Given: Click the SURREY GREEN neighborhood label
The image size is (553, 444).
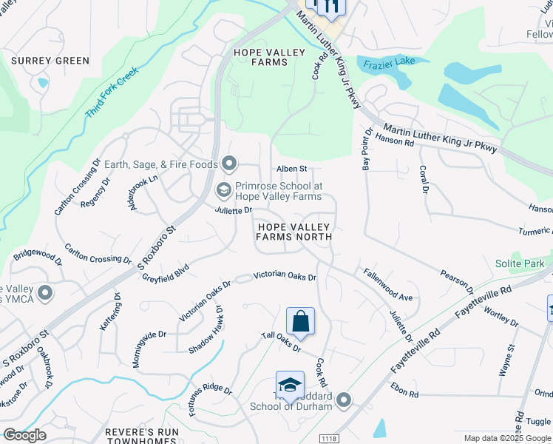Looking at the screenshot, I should (51, 61).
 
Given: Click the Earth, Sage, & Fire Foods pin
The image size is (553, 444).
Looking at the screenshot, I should (229, 164).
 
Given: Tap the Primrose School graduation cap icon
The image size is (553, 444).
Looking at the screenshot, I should (223, 191).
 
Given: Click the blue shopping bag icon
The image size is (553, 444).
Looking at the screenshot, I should (300, 323).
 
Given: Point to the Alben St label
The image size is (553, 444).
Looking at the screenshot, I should (291, 169).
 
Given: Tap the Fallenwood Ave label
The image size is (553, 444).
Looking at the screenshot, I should (387, 284).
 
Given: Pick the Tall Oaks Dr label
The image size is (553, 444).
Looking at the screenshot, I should (282, 341).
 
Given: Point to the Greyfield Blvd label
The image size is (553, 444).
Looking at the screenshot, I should (166, 272).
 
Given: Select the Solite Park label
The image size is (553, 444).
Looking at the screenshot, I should (520, 263).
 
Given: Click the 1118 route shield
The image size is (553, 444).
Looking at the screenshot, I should (330, 439).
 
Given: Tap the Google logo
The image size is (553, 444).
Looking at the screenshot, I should (24, 435).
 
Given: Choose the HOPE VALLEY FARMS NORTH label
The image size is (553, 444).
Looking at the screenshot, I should (294, 230).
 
